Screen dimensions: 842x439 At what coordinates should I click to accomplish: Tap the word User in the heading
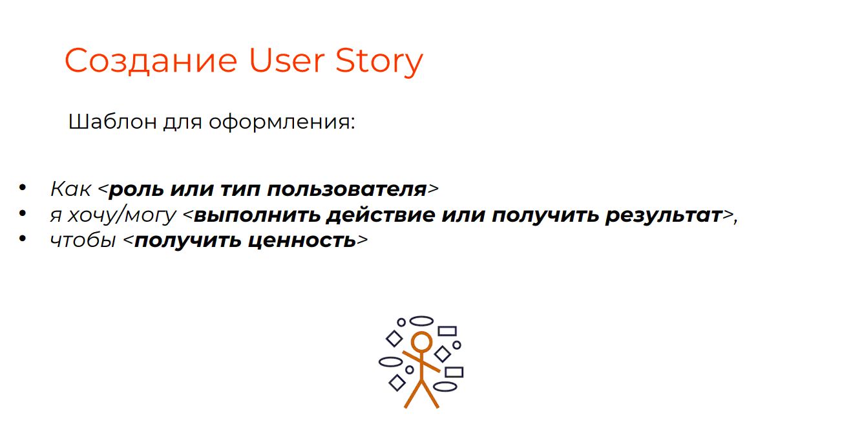(286, 60)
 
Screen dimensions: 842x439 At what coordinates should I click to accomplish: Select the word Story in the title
(379, 62)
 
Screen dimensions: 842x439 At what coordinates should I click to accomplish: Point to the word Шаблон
(112, 122)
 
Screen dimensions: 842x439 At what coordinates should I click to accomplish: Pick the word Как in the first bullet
(70, 189)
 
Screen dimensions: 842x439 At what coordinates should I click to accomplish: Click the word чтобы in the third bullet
(83, 241)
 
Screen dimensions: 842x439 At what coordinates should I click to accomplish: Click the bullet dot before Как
(23, 187)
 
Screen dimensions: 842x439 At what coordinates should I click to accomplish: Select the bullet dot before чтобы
(23, 239)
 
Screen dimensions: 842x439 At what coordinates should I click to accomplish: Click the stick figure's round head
(421, 341)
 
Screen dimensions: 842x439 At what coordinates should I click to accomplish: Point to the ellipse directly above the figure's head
(421, 321)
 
